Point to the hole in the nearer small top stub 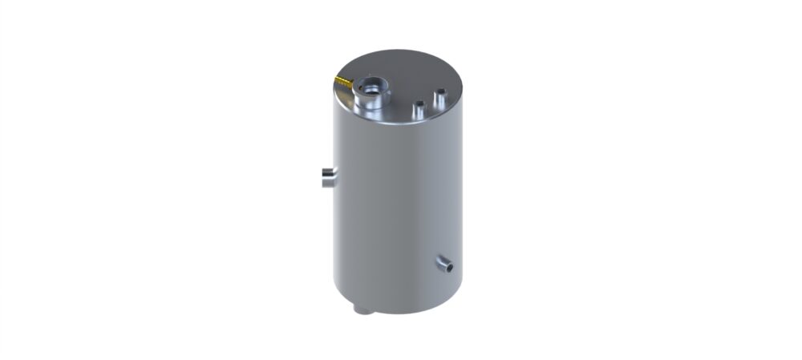pyautogui.click(x=418, y=103)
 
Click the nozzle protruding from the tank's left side pyautogui.click(x=329, y=177)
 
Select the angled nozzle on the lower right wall pyautogui.click(x=444, y=262)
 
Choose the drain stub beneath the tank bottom pyautogui.click(x=361, y=309)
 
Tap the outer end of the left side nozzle pyautogui.click(x=324, y=177)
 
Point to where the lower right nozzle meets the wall pyautogui.click(x=439, y=259)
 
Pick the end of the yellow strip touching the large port pyautogui.click(x=354, y=84)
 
